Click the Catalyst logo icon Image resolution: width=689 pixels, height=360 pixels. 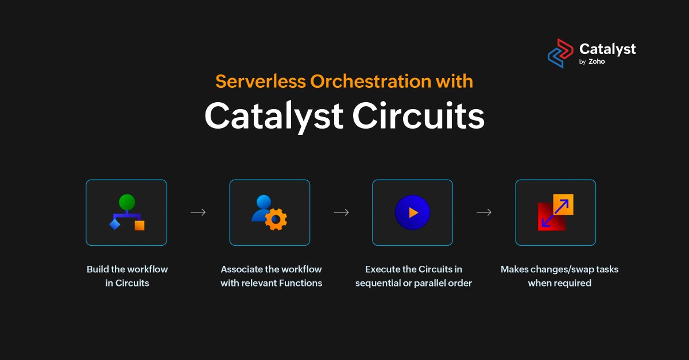[x=560, y=53]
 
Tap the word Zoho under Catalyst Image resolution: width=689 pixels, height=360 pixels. [x=597, y=62]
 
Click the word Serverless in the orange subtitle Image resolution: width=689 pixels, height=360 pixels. [x=261, y=82]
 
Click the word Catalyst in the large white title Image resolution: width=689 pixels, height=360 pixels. [x=274, y=116]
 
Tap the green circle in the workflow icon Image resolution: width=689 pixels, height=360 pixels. [x=127, y=202]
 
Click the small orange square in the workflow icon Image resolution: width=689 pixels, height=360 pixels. [x=140, y=225]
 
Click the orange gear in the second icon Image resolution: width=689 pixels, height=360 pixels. [x=276, y=219]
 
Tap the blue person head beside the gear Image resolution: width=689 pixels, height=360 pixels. [x=264, y=203]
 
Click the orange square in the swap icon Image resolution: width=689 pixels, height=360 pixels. [x=563, y=204]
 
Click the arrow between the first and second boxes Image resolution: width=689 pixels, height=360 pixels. [x=198, y=212]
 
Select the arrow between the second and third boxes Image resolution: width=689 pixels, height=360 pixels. [x=341, y=212]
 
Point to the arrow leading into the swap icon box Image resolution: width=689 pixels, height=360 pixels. [x=484, y=212]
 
